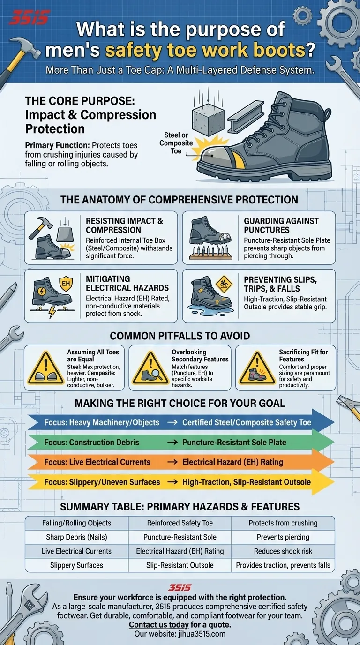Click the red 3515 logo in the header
pyautogui.click(x=28, y=17)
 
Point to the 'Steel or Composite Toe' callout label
pyautogui.click(x=176, y=143)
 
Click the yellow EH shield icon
pyautogui.click(x=66, y=284)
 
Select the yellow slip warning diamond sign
pyautogui.click(x=224, y=284)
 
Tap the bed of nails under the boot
pyautogui.click(x=210, y=252)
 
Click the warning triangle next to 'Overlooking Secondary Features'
pyautogui.click(x=150, y=368)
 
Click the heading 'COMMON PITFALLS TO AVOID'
pyautogui.click(x=180, y=336)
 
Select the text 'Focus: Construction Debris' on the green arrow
pyautogui.click(x=91, y=442)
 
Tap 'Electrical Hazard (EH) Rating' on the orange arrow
pyautogui.click(x=232, y=462)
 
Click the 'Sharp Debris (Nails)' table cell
pyautogui.click(x=76, y=537)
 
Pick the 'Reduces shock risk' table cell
pyautogui.click(x=283, y=551)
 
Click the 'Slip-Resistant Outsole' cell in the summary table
pyautogui.click(x=180, y=565)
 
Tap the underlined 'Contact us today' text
pyautogui.click(x=159, y=625)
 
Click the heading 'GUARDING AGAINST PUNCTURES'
pyautogui.click(x=281, y=225)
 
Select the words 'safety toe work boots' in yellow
pyautogui.click(x=205, y=51)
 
